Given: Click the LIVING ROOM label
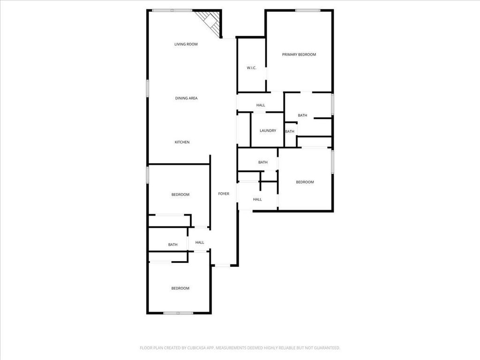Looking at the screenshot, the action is [186, 44].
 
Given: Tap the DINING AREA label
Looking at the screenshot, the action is [186, 98].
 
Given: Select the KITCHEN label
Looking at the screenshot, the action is [182, 142].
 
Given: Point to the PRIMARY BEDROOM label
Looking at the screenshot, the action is [299, 54].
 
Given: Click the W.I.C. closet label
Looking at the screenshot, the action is [251, 68].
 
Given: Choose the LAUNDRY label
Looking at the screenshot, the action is [268, 131].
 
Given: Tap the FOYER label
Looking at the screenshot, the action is [224, 194].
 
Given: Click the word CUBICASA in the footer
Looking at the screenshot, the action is [200, 348].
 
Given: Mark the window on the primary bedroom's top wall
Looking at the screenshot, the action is [307, 11].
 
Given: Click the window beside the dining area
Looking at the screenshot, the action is [147, 89].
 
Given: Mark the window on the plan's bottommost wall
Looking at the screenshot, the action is [178, 313].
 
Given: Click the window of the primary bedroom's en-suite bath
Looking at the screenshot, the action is [332, 105].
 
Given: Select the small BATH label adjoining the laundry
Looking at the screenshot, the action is [290, 132].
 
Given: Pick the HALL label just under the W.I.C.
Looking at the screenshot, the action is [261, 105].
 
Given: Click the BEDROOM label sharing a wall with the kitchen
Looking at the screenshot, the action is [180, 195].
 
